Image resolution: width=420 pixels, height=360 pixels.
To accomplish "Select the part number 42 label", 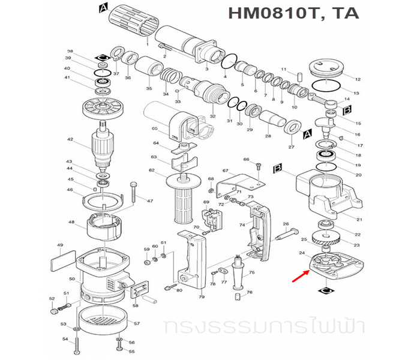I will pyautogui.click(x=70, y=140).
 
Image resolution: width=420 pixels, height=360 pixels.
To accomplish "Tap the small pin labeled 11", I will pyautogui.click(x=298, y=77).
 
